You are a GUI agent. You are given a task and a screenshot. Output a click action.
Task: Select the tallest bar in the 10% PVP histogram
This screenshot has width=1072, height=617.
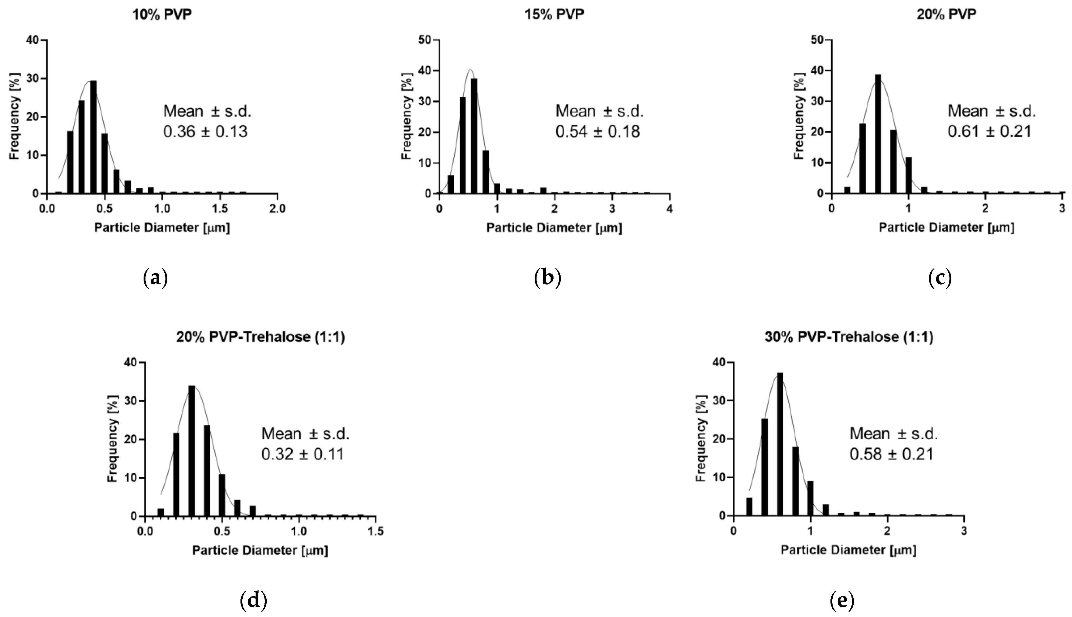[x=93, y=138]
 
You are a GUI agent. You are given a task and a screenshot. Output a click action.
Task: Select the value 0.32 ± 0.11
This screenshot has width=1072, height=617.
[x=302, y=454]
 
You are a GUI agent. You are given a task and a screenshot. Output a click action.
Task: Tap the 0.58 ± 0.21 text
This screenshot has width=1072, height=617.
[x=891, y=454]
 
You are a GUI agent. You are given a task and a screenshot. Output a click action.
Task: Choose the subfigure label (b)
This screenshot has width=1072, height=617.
[x=547, y=278]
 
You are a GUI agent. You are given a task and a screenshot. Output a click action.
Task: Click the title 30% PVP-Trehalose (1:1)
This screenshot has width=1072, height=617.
[x=849, y=337]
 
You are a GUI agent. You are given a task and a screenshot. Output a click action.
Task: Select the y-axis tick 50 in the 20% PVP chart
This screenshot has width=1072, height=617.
[x=817, y=40]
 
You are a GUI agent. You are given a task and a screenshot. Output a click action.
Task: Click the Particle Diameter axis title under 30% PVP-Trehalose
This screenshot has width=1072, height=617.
[x=849, y=550]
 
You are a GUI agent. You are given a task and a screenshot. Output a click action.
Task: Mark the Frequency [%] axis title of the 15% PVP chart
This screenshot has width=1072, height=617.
[x=406, y=116]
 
